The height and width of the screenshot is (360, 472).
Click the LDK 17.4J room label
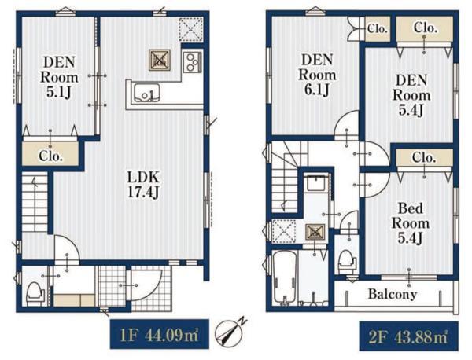pyautogui.click(x=143, y=185)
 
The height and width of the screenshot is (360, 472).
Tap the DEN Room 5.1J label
pyautogui.click(x=59, y=77)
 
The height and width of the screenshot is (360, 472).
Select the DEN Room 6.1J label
pyautogui.click(x=317, y=75)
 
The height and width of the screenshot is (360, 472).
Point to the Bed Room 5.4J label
pyautogui.click(x=411, y=223)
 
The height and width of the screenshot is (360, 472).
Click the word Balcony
pyautogui.click(x=393, y=294)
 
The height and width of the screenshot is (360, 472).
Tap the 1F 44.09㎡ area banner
pyautogui.click(x=160, y=334)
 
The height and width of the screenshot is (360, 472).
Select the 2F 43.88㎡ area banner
pyautogui.click(x=409, y=336)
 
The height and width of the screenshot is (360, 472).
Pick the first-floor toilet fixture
pyautogui.click(x=35, y=294)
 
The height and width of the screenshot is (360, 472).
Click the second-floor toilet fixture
pyautogui.click(x=347, y=262)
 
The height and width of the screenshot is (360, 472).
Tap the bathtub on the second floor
pyautogui.click(x=285, y=278)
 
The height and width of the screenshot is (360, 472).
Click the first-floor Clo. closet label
pyautogui.click(x=51, y=156)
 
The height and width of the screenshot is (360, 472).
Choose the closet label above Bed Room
pyautogui.click(x=424, y=157)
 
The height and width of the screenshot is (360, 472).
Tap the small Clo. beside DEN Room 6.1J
pyautogui.click(x=377, y=29)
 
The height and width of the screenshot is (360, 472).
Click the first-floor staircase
pyautogui.click(x=35, y=201)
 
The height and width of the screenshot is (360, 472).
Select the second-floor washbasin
pyautogui.click(x=315, y=182)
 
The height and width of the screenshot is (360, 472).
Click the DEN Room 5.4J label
pyautogui.click(x=411, y=96)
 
